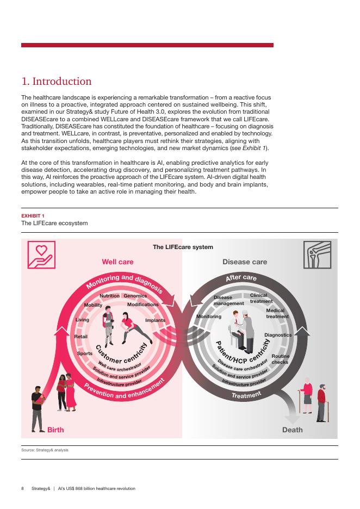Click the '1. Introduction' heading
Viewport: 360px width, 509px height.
click(57, 82)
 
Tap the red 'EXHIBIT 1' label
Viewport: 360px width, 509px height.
click(33, 216)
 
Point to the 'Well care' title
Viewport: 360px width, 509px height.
click(117, 262)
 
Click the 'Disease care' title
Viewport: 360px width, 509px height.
click(245, 262)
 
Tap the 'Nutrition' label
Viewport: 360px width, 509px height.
click(109, 296)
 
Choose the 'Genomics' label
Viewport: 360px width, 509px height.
click(135, 296)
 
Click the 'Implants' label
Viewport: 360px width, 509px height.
click(155, 320)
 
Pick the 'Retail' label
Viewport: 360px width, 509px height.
click(80, 337)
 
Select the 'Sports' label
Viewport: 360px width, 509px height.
click(85, 353)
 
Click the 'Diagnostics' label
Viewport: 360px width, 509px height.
click(278, 335)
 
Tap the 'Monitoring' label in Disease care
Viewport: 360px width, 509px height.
click(209, 316)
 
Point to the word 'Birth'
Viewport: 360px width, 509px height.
click(55, 430)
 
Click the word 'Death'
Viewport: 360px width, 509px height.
click(292, 430)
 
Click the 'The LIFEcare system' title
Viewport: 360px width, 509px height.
click(183, 247)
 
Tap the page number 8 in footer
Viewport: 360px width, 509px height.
click(22, 488)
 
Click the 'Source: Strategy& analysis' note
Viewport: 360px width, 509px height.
click(45, 450)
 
